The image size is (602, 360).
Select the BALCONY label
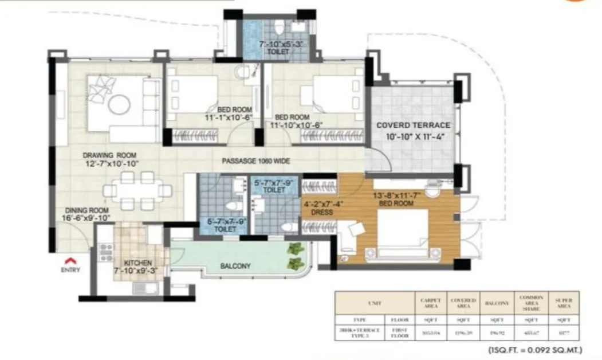235,266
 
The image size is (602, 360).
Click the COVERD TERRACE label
412,126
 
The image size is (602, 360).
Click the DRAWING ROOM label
109,155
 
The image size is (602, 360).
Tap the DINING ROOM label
85,210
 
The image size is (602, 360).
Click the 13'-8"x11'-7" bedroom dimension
396,195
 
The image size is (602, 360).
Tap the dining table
137,190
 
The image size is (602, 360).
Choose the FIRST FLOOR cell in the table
399,332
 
